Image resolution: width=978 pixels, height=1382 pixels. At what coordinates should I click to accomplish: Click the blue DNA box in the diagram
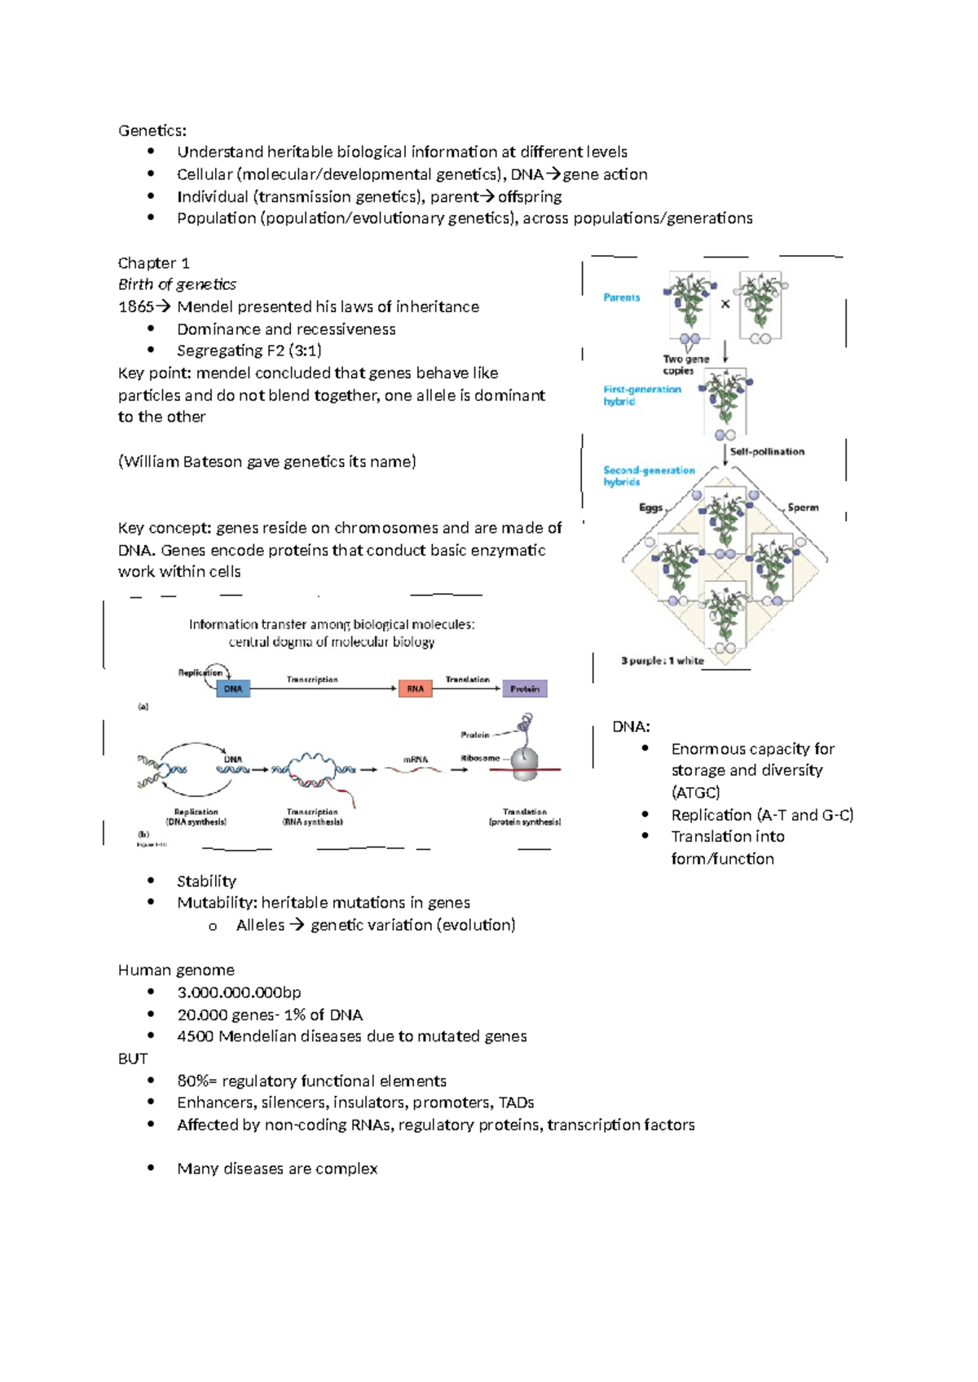[x=233, y=689]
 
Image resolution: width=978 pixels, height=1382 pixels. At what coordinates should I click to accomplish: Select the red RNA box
[x=415, y=689]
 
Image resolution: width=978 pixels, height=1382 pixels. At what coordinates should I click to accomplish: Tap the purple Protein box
[x=525, y=689]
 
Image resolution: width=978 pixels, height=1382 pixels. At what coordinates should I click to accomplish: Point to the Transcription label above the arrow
[x=312, y=679]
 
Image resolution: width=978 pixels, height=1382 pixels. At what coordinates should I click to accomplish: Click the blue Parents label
[x=622, y=297]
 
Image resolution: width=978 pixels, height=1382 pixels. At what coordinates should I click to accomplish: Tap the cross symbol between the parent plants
[x=725, y=304]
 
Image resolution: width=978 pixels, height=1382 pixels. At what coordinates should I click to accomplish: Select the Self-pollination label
[x=767, y=451]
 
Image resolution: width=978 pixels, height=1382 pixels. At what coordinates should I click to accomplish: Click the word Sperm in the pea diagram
[x=803, y=507]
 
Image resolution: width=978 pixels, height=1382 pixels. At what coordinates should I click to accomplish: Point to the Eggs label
[x=650, y=507]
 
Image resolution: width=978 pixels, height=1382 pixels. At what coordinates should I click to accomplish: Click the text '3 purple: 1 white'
[x=662, y=661]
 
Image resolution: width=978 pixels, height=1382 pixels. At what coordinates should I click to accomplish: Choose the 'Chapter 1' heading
[x=154, y=263]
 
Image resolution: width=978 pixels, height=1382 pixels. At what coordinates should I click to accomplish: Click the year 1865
[x=135, y=307]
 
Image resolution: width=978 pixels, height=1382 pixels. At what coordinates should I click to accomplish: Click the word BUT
[x=133, y=1059]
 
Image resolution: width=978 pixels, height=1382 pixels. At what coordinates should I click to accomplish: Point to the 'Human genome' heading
[x=176, y=970]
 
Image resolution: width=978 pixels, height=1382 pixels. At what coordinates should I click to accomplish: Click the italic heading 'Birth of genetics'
[x=177, y=284]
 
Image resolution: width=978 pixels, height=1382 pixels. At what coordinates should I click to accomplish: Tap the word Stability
[x=206, y=881]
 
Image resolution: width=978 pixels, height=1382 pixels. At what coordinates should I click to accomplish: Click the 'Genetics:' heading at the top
[x=152, y=130]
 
